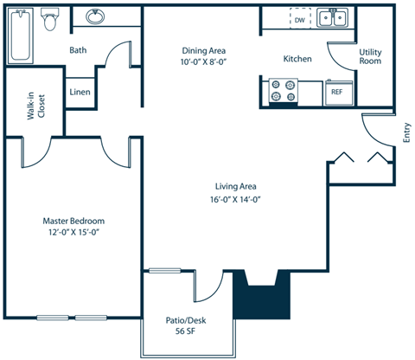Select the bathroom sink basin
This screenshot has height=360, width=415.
click(x=96, y=17)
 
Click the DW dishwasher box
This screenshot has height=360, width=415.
click(x=300, y=19)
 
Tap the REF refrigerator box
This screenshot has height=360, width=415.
click(x=336, y=92)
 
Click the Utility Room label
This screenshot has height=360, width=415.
click(x=370, y=56)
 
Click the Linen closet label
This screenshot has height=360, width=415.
click(x=80, y=92)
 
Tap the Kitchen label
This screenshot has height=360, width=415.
click(x=297, y=59)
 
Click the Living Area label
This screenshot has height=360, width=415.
click(x=236, y=186)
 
